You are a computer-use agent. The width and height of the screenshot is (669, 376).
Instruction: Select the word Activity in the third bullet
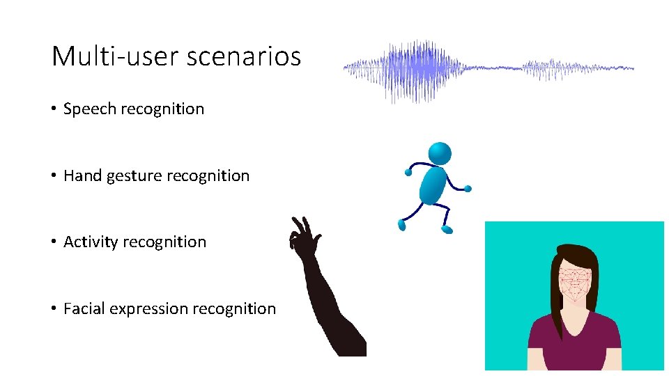point(91,242)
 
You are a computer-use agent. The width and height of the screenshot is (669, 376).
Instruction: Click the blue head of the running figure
point(439,153)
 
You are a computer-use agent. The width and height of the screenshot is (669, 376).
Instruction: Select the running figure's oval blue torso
point(432,185)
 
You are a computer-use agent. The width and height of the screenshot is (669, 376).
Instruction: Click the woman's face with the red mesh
point(576,282)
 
